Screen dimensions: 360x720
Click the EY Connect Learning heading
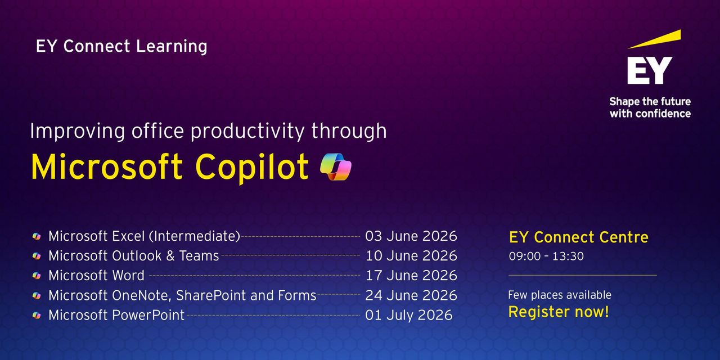pos(121,46)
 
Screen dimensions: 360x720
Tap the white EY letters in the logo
pos(650,70)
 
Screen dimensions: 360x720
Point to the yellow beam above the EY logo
pos(655,39)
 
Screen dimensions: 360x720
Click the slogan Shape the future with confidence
pos(650,107)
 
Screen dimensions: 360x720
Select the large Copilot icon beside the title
pos(335,166)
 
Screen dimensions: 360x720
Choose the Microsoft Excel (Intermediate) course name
pos(144,236)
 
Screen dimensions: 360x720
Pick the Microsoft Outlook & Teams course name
pos(133,256)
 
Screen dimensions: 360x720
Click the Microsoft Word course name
pos(96,276)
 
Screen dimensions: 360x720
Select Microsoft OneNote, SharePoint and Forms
pos(182,295)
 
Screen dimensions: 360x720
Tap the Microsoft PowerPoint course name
pos(116,315)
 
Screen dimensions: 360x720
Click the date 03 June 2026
pos(411,236)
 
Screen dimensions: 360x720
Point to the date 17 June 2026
pos(411,276)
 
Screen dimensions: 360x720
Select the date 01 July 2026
pos(408,315)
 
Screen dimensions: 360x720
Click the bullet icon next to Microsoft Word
pos(37,276)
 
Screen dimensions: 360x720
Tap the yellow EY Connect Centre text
pos(578,237)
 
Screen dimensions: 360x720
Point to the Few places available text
pos(559,295)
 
